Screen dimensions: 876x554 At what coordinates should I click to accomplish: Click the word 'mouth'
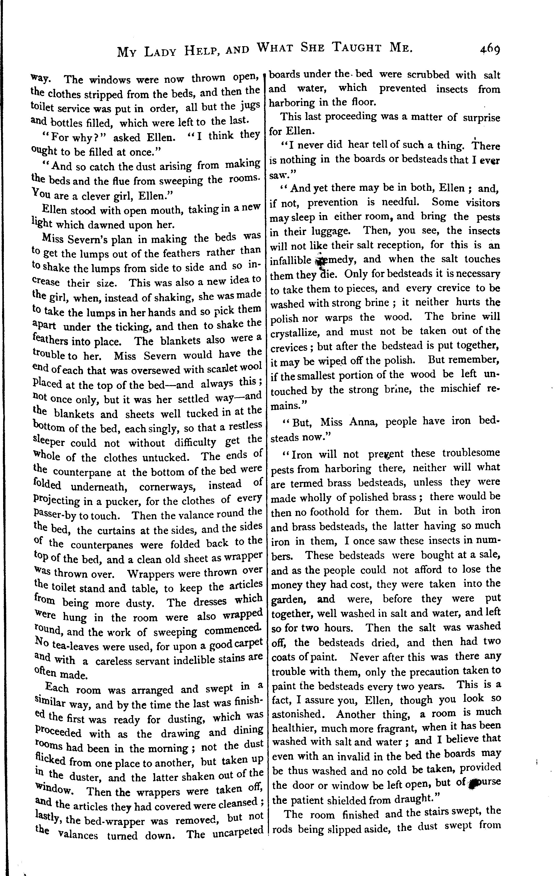coord(157,210)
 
